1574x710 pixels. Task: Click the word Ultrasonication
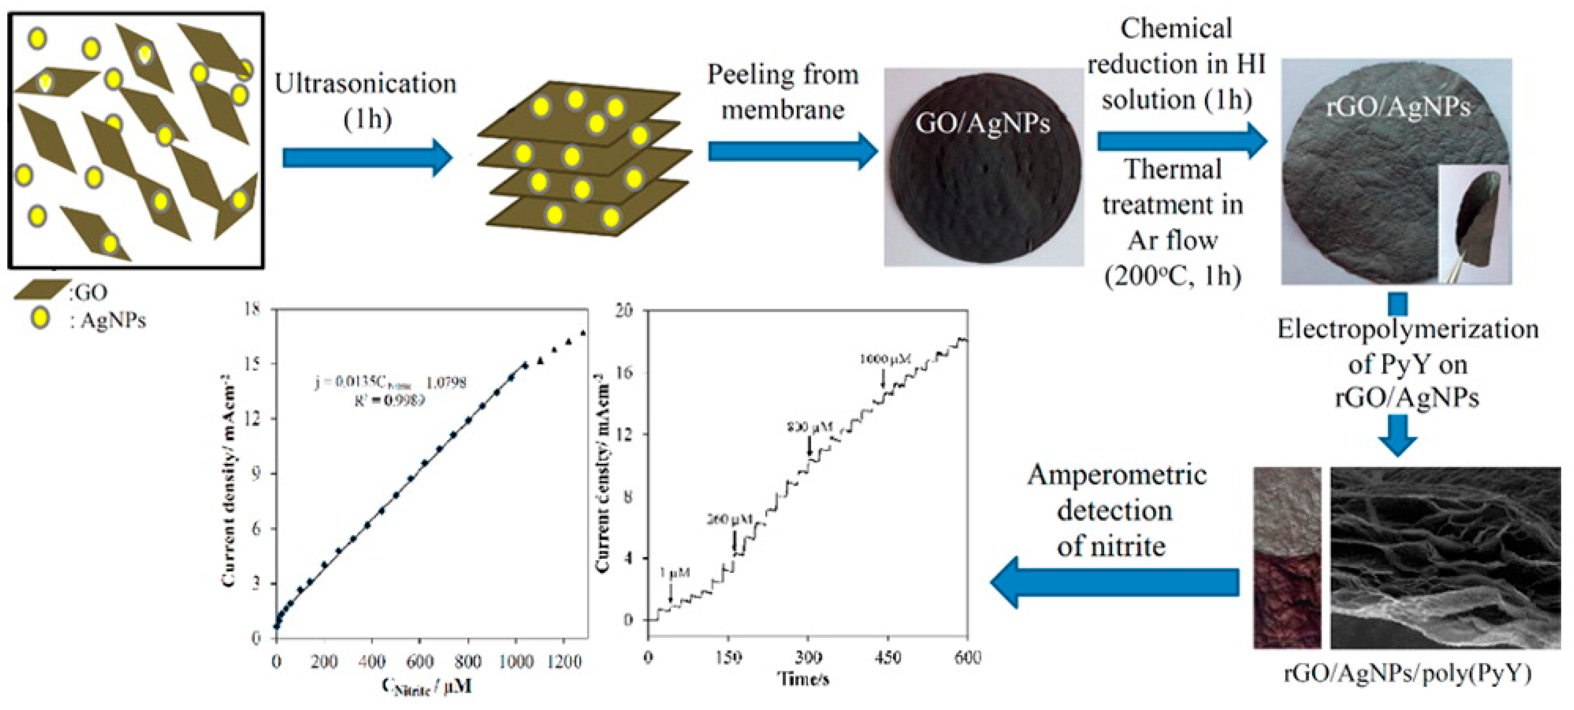[365, 84]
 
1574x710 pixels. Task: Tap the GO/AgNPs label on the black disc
[982, 124]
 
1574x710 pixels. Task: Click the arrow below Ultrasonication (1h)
[367, 158]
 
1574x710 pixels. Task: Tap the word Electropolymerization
[1407, 330]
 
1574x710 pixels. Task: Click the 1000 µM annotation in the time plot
[885, 359]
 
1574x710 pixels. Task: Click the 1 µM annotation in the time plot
[675, 572]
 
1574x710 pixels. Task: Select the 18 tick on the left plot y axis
[251, 309]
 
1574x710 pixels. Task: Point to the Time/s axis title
[803, 678]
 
